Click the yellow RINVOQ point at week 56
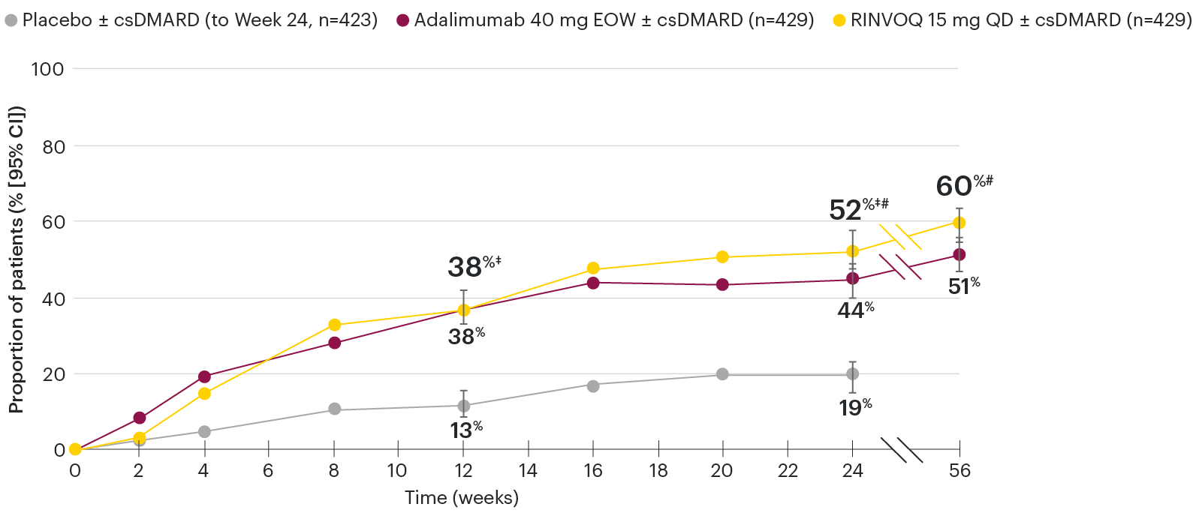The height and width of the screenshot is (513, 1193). (x=959, y=223)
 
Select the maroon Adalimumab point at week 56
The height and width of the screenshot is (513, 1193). (x=959, y=255)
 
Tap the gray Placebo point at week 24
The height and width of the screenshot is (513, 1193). (x=852, y=373)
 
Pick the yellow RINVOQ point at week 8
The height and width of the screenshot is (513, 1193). (x=335, y=325)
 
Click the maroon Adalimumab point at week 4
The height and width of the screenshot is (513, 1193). (x=204, y=376)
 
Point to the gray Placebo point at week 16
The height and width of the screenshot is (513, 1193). (x=593, y=385)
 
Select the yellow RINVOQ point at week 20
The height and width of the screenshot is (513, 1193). (x=722, y=257)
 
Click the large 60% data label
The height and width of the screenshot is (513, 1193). (x=955, y=186)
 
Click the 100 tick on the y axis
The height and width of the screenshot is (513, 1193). (x=47, y=69)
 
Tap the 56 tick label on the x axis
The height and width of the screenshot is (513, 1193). (x=960, y=471)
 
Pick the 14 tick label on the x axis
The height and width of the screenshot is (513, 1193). (x=528, y=471)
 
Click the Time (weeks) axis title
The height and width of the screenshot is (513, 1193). (x=461, y=497)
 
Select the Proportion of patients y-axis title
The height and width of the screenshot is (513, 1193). (x=16, y=259)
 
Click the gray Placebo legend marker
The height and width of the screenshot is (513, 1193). (x=11, y=20)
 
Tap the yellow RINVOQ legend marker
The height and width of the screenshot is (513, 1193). (x=839, y=20)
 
